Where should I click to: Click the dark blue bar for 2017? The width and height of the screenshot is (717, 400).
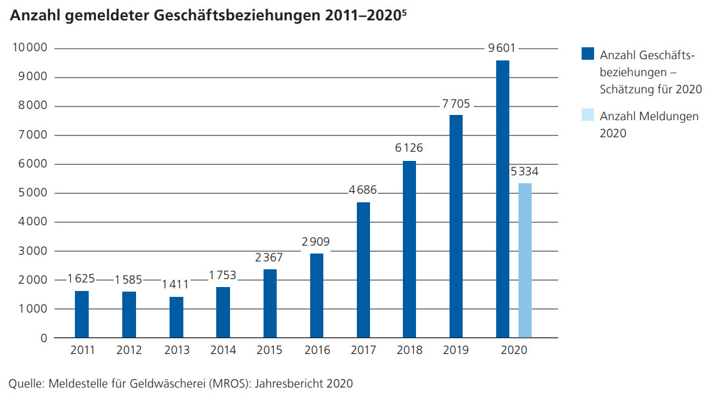pyautogui.click(x=363, y=270)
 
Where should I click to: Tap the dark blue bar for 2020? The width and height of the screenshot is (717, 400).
pyautogui.click(x=503, y=199)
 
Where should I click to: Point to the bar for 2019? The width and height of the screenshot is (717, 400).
pyautogui.click(x=456, y=227)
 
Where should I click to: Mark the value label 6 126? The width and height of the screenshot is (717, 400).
pyautogui.click(x=409, y=148)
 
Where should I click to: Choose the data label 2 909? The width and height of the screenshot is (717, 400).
pyautogui.click(x=315, y=242)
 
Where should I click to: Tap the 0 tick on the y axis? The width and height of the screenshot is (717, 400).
pyautogui.click(x=43, y=338)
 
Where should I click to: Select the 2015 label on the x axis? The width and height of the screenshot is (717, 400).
pyautogui.click(x=269, y=351)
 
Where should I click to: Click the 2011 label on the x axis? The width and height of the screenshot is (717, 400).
pyautogui.click(x=82, y=351)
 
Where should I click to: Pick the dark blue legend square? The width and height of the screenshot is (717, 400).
pyautogui.click(x=588, y=54)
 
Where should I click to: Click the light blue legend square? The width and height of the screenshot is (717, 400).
pyautogui.click(x=588, y=116)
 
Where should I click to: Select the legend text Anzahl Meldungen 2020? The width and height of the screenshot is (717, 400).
pyautogui.click(x=649, y=124)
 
